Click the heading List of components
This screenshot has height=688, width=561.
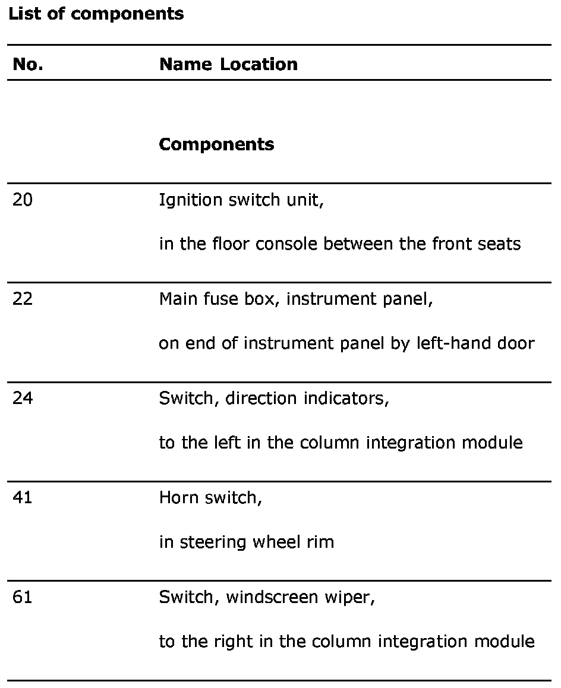click(x=96, y=14)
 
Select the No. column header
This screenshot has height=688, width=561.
click(x=28, y=64)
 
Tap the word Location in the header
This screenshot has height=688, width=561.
click(x=259, y=64)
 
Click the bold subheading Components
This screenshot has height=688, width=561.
click(x=216, y=144)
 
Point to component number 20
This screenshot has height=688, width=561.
click(x=23, y=200)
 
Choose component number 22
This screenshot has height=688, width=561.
click(x=23, y=299)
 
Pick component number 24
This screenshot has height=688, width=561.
click(x=23, y=398)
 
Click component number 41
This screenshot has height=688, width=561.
click(x=23, y=497)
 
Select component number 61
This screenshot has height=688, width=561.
click(x=23, y=597)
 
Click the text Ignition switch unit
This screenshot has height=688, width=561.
click(x=241, y=200)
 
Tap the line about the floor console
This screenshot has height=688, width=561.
click(x=339, y=244)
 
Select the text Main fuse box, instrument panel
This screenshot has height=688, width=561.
click(x=296, y=299)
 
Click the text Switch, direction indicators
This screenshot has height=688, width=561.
click(x=274, y=399)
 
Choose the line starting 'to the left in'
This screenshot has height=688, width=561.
click(x=341, y=443)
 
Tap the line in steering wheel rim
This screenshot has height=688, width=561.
click(x=246, y=542)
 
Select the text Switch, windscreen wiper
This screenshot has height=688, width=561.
click(x=267, y=597)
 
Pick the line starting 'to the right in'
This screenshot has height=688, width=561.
click(x=346, y=642)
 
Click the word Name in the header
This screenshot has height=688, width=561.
click(x=185, y=64)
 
